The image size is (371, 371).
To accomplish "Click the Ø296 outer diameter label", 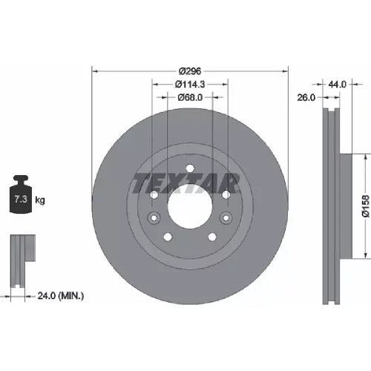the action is [x=190, y=71].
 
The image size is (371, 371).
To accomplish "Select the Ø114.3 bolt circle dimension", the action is [x=190, y=85].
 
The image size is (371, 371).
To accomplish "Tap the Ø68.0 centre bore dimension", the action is [x=190, y=98].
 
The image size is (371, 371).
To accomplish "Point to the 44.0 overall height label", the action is [x=337, y=85].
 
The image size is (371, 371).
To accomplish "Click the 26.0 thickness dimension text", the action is [x=306, y=98].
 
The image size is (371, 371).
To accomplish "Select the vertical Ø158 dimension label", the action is [x=366, y=206].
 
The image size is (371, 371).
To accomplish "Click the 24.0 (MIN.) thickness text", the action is [x=61, y=295].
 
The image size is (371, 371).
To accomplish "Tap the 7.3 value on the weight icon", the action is [x=21, y=199].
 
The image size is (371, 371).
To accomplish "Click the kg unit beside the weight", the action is [x=40, y=200].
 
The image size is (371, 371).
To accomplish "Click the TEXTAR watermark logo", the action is [x=186, y=183].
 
